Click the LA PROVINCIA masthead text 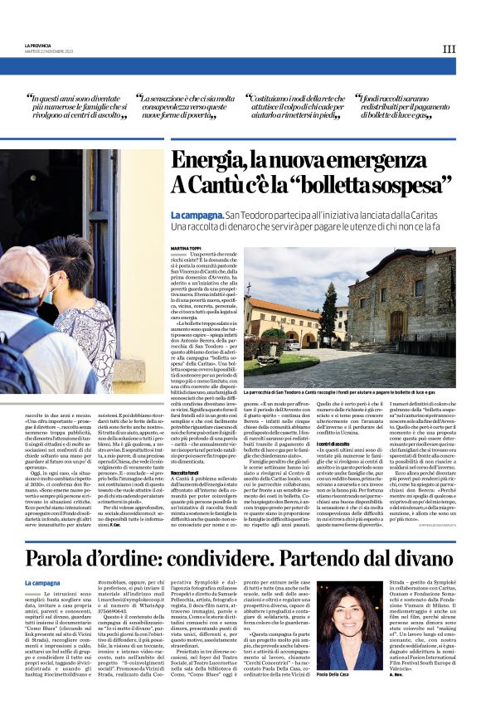click(x=38, y=45)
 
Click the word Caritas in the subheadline click(x=437, y=214)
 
